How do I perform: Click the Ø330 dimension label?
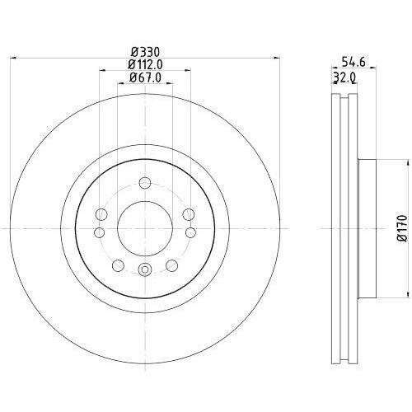145,51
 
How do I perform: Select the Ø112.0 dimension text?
146,64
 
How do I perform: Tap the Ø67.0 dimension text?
145,77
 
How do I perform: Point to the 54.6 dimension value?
353,62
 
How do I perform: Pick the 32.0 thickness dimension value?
344,77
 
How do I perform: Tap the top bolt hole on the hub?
145,183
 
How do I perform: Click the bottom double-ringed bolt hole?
145,269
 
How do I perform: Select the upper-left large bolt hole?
101,214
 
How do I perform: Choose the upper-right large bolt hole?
189,214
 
